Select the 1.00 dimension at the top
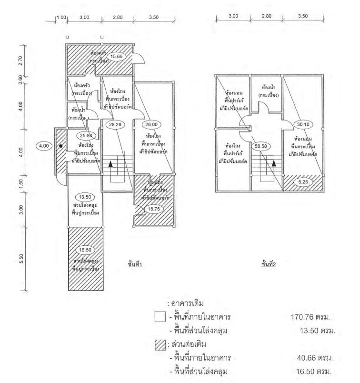[x=61, y=17]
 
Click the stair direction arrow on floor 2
[x=274, y=164]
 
